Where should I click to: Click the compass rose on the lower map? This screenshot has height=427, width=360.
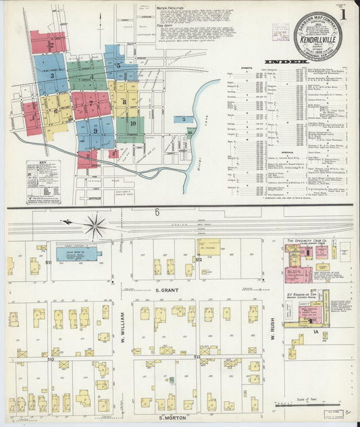click(94, 225)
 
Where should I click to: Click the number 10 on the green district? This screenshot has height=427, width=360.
click(132, 124)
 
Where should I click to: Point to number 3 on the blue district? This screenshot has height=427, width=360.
click(52, 76)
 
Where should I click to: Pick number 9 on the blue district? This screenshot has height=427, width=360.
click(95, 130)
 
